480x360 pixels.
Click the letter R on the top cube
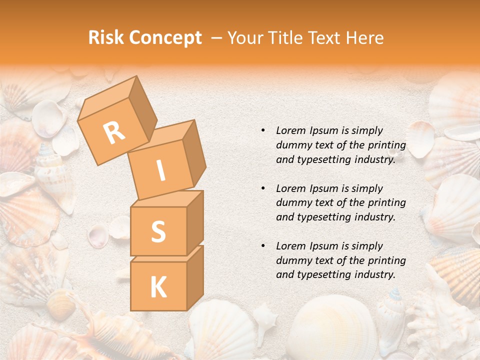click(x=114, y=132)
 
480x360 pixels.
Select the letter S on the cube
click(x=158, y=231)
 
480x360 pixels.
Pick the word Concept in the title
click(x=165, y=38)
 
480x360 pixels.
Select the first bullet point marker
click(x=263, y=130)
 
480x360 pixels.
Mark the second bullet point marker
click(x=263, y=188)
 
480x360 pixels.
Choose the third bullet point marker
click(x=263, y=246)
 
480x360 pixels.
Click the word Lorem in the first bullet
click(x=290, y=130)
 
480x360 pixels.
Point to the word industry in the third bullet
click(x=372, y=274)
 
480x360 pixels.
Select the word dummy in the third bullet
click(x=292, y=260)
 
